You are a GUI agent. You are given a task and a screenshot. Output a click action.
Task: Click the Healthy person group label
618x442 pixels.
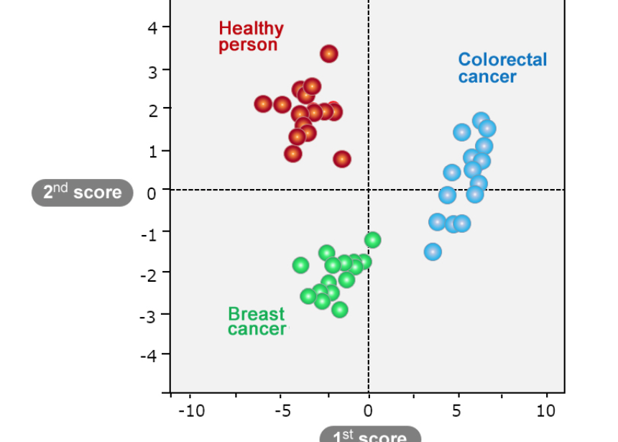251,37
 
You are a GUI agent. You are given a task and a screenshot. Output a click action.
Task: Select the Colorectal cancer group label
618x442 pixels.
502,68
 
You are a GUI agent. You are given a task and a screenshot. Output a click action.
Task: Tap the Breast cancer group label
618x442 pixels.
257,321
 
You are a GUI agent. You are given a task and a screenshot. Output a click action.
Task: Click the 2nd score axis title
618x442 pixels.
83,193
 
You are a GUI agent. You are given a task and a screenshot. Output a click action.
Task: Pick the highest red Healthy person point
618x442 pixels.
329,54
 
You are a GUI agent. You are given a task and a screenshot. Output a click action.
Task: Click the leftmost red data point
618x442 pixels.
264,104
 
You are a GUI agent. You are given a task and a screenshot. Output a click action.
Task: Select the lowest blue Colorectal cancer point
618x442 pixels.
433,252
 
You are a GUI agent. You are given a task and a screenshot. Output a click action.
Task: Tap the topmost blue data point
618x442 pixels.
481,120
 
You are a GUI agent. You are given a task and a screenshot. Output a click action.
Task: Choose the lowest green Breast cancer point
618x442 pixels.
340,310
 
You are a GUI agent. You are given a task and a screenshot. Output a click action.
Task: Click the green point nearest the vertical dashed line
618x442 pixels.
372,240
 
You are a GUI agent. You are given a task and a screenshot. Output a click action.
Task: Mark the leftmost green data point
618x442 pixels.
301,265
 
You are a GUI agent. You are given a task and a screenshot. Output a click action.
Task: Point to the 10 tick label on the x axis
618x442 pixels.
546,410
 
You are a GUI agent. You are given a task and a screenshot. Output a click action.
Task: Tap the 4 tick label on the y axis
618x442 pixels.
152,28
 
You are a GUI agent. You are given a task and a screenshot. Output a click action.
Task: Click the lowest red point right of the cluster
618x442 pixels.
342,159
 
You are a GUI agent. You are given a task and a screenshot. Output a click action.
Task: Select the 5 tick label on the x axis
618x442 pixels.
458,410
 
